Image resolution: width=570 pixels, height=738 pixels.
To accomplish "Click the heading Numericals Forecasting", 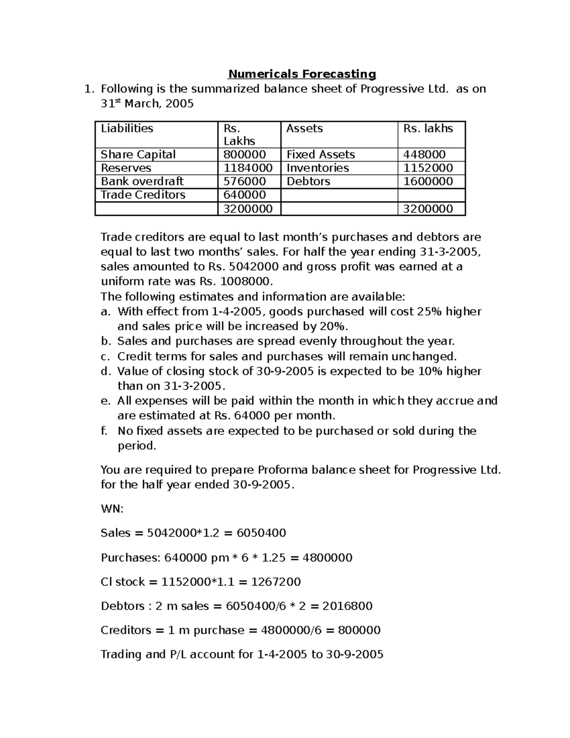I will [302, 74].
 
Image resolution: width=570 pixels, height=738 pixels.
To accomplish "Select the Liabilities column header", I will [127, 128].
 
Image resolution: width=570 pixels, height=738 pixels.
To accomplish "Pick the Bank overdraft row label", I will [142, 181].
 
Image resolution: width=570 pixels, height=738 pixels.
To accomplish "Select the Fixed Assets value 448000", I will [424, 154].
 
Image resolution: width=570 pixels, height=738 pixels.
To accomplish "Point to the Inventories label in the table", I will [317, 168].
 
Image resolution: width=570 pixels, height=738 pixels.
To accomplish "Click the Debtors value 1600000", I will [427, 181].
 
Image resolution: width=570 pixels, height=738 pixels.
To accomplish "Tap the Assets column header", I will [304, 128].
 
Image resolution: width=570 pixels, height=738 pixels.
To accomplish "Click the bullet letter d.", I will [105, 371].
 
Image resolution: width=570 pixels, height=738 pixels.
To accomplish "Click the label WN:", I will [112, 509].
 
